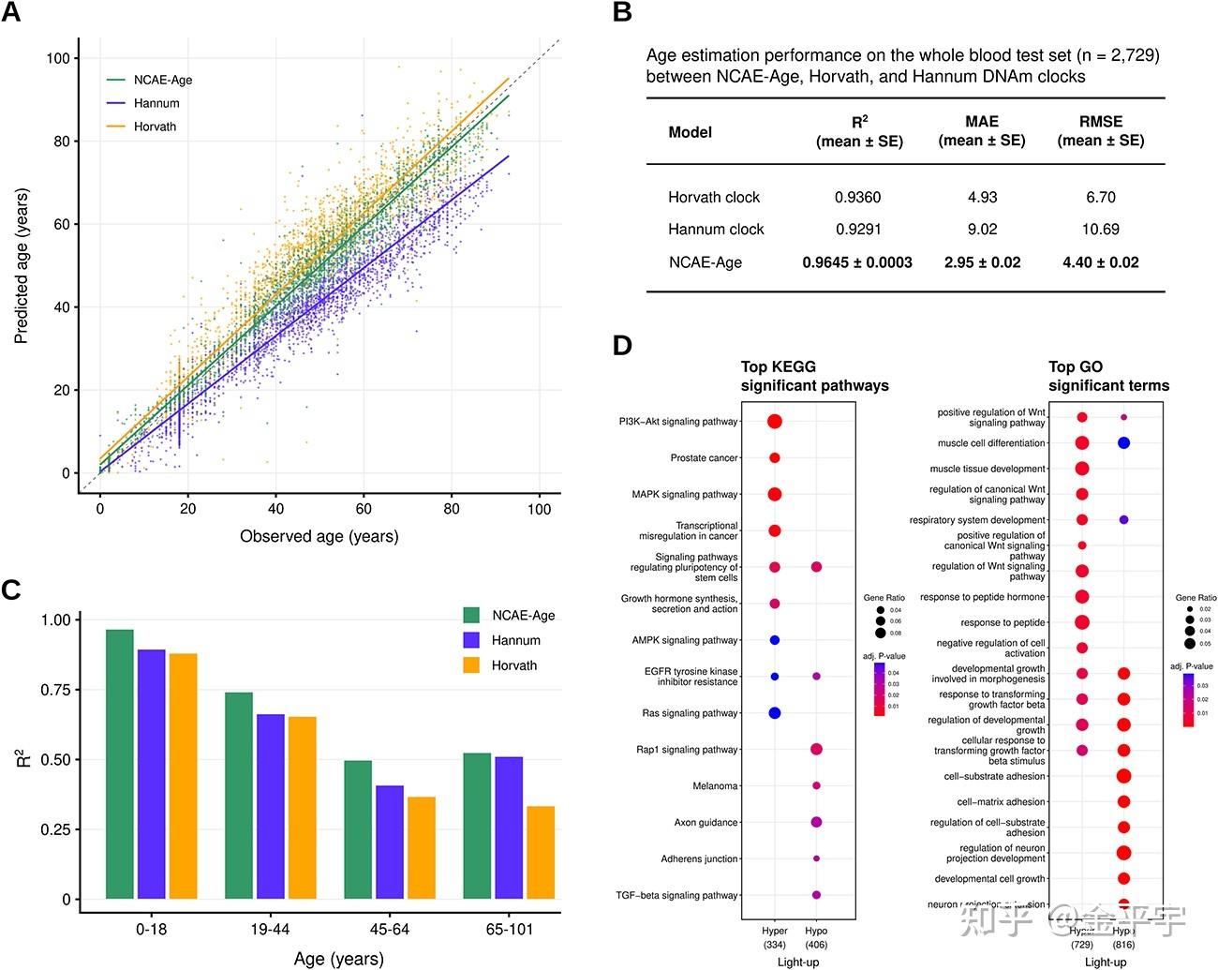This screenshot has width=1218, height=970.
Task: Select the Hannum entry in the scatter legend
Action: point(156,103)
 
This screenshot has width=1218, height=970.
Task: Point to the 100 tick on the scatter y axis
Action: point(57,58)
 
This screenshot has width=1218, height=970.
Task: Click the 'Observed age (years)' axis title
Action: point(319,536)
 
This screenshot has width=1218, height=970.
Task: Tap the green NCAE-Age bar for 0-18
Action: point(119,764)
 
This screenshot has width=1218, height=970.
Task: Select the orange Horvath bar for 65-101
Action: point(541,852)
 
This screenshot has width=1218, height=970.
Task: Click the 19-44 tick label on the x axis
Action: point(270,929)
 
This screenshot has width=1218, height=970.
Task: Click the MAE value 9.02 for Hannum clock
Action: point(982,229)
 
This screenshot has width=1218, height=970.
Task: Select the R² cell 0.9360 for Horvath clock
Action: point(857,197)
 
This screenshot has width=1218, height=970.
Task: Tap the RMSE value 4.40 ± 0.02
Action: point(1100,262)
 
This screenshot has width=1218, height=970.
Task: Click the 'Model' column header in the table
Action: point(690,132)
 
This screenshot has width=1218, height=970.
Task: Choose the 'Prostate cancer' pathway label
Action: point(704,458)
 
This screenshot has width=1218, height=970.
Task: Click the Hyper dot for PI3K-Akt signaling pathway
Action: point(775,422)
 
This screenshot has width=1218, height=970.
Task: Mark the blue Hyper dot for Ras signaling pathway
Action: point(775,713)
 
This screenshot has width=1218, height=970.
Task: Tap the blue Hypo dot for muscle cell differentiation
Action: point(1123,442)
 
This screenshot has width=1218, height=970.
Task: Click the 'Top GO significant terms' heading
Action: point(1108,376)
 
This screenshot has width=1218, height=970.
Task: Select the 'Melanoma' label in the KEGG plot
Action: point(715,786)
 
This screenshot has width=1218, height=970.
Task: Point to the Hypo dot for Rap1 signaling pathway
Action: point(816,750)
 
